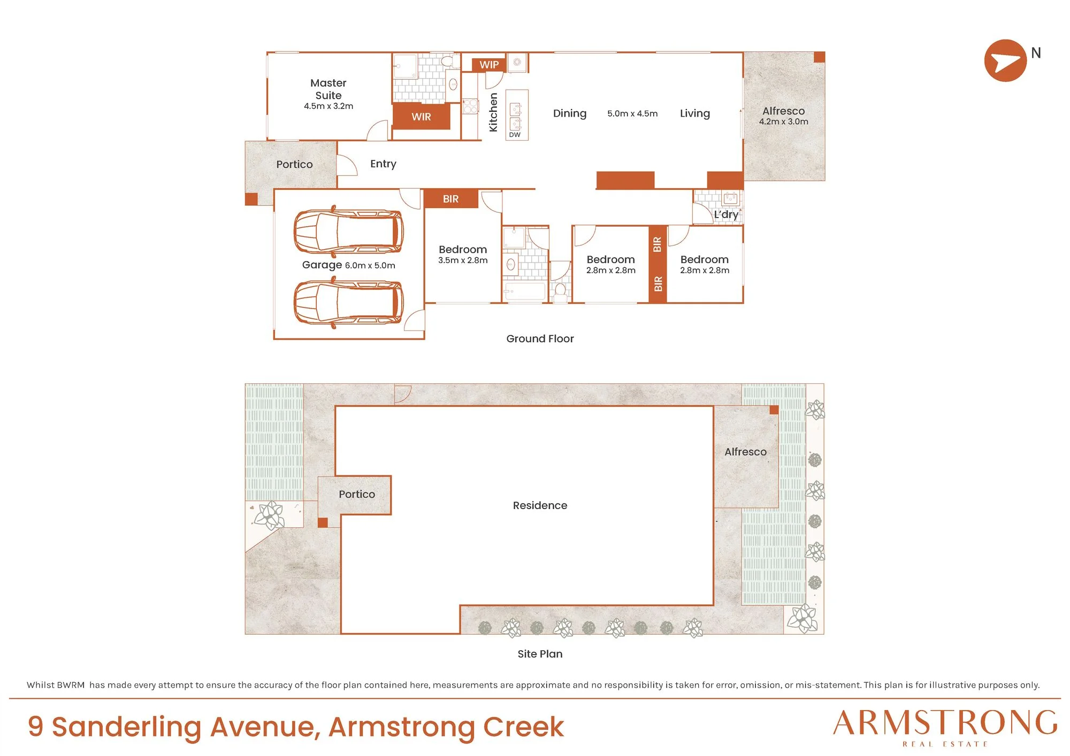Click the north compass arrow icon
[x=1005, y=60]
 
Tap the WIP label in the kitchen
[x=489, y=65]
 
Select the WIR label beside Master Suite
[x=421, y=117]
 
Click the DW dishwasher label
[x=515, y=135]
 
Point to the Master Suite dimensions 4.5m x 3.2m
[x=328, y=106]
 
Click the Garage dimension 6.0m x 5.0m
[x=370, y=265]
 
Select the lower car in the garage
[x=348, y=302]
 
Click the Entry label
[x=383, y=164]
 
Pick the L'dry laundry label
[x=726, y=214]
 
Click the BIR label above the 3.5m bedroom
[x=450, y=199]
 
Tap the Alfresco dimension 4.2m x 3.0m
[x=784, y=121]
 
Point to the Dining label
[x=570, y=113]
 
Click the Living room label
[x=695, y=113]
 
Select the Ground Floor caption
[x=540, y=338]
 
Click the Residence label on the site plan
[x=540, y=505]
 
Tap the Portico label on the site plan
[x=357, y=494]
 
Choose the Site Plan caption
[x=540, y=653]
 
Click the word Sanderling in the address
[x=127, y=727]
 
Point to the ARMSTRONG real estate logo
[x=945, y=728]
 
